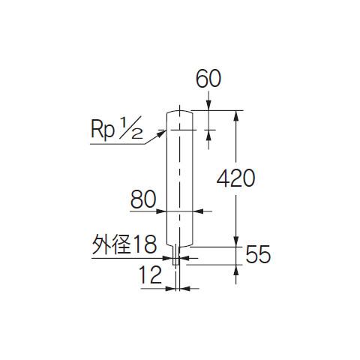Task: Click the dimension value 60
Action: tap(208, 79)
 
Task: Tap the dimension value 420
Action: tap(235, 178)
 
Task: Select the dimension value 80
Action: tap(143, 199)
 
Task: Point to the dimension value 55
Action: tap(258, 254)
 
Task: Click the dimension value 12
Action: tap(150, 274)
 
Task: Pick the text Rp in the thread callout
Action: tap(103, 129)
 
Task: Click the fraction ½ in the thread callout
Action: tap(130, 127)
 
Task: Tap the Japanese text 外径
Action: tap(112, 244)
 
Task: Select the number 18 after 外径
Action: tap(145, 244)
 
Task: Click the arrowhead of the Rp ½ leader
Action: tap(162, 133)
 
